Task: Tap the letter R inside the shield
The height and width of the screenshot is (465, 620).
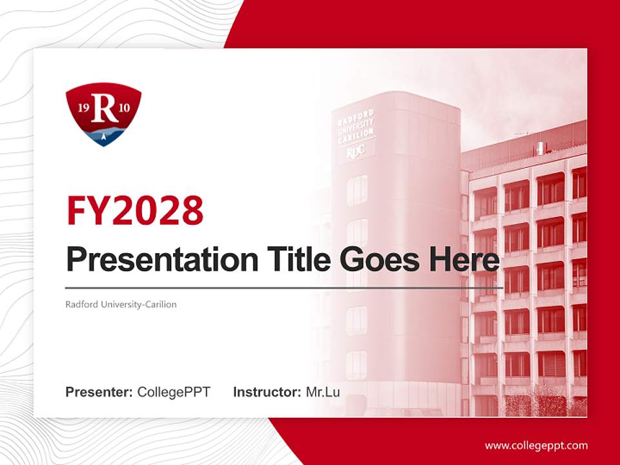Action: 105,108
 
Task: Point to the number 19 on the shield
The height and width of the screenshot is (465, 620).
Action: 83,107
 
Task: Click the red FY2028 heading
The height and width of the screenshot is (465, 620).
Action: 135,211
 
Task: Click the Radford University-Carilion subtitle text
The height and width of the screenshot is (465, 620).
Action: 121,304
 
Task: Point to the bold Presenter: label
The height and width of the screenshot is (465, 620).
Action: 99,392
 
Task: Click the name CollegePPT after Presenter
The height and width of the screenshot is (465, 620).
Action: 174,392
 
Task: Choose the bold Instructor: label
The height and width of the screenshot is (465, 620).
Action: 267,392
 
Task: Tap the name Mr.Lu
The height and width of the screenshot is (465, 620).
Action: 323,392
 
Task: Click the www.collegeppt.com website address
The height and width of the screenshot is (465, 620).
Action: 536,446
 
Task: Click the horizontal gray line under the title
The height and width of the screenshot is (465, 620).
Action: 284,287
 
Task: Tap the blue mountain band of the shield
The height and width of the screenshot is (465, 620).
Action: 103,134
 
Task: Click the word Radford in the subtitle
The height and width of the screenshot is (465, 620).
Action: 79,304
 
